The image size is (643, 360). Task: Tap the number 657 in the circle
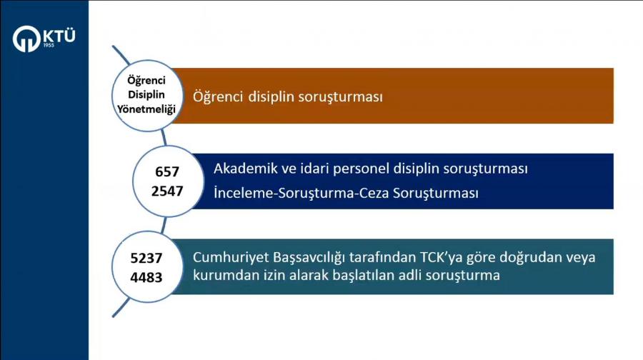[x=167, y=171]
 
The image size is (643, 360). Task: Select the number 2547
[x=167, y=191]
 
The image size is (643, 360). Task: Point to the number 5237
[x=146, y=258]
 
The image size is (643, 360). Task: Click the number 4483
[x=146, y=277]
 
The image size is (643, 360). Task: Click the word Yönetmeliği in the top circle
[x=146, y=109]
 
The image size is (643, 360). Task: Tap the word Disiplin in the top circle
[x=146, y=95]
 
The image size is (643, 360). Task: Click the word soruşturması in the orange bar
[x=340, y=96]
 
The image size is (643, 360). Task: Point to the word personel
[x=361, y=169]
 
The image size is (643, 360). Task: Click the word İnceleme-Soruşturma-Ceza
[x=301, y=193]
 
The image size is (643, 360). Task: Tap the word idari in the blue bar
[x=314, y=168]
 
